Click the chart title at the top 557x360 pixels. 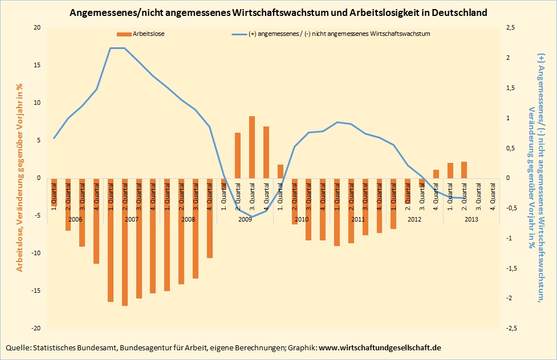278,12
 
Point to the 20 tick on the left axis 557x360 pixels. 38,28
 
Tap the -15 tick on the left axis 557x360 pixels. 36,291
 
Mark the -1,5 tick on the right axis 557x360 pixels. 512,268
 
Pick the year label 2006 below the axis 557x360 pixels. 75,219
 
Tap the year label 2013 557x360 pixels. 471,219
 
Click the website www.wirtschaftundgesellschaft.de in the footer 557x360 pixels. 379,347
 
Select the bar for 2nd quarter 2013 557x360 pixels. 464,170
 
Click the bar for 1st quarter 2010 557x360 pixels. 280,171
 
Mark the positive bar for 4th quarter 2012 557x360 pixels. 436,174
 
